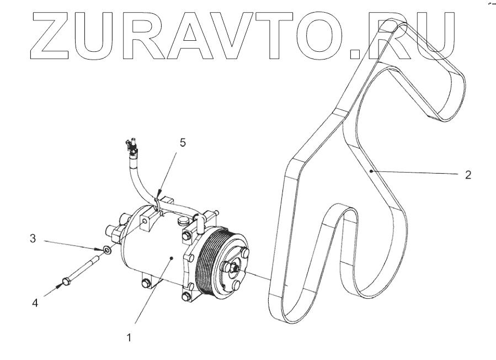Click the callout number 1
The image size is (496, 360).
(129, 337)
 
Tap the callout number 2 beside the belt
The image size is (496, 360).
(468, 175)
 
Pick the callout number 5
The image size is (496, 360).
(183, 143)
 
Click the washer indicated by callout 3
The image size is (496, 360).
(107, 250)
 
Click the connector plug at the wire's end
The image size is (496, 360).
(131, 144)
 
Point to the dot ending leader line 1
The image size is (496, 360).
(173, 257)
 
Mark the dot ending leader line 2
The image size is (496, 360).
(372, 171)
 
